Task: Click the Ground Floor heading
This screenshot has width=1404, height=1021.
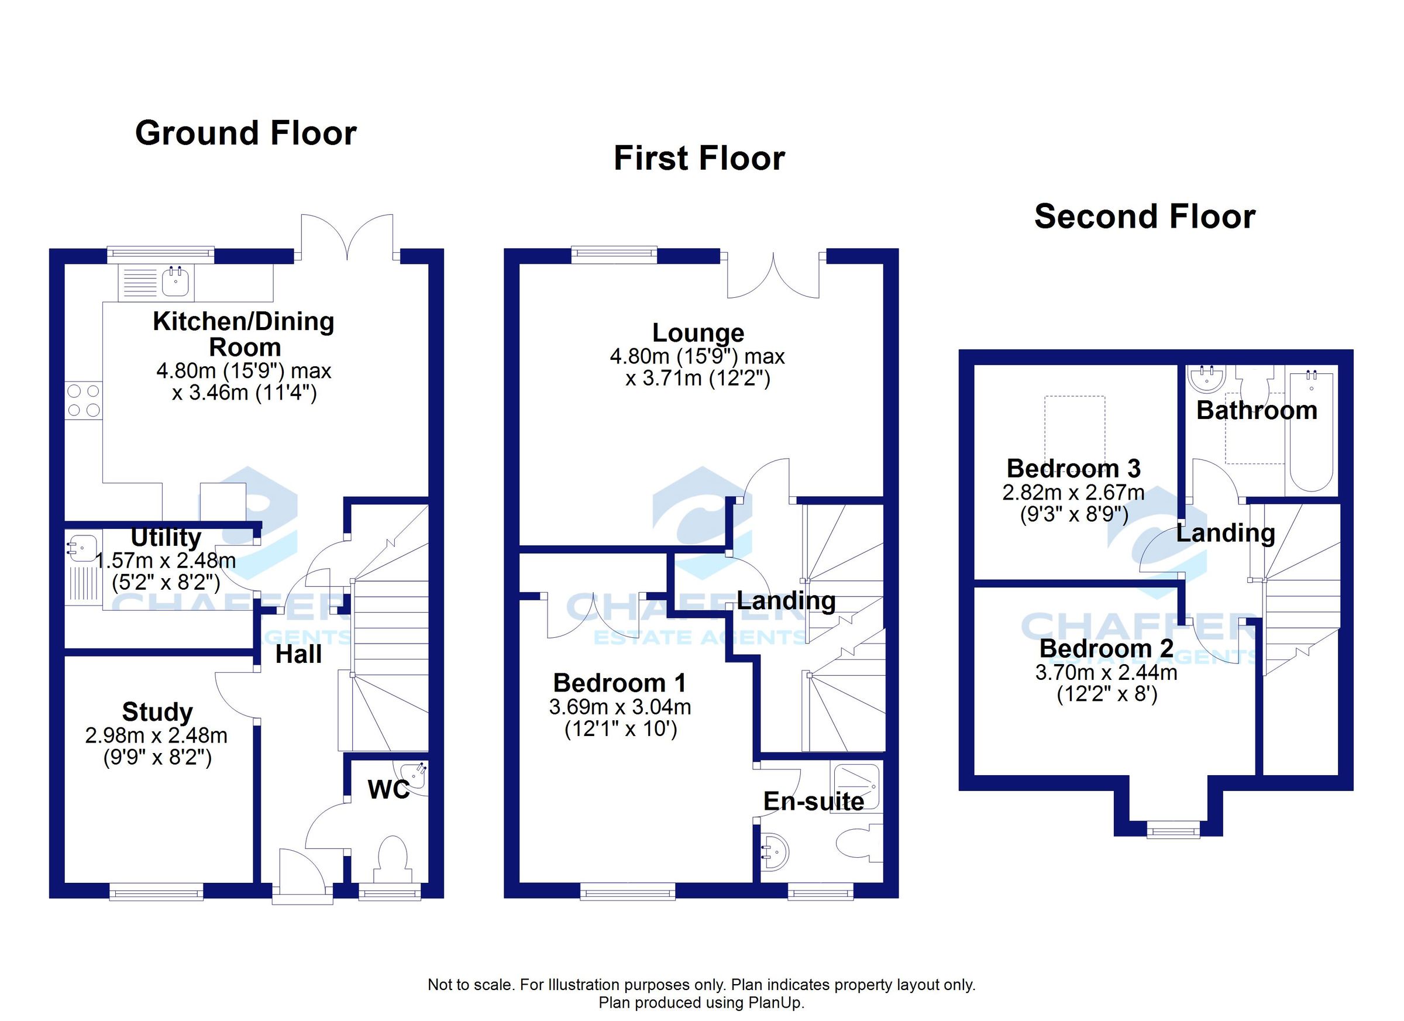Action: pos(246,133)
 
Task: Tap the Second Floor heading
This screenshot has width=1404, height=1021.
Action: pos(1145,216)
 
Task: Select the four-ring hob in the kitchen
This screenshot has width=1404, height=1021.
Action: pos(84,401)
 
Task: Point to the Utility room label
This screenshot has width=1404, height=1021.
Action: pos(166,537)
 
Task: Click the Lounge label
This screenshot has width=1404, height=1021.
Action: pos(698,333)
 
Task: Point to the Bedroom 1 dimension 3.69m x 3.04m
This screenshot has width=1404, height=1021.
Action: pos(620,707)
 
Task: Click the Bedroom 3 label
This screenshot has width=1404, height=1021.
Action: pos(1073,469)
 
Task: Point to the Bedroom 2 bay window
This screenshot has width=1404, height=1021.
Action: pos(1172,830)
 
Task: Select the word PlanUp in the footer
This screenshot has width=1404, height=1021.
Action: pos(780,1002)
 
